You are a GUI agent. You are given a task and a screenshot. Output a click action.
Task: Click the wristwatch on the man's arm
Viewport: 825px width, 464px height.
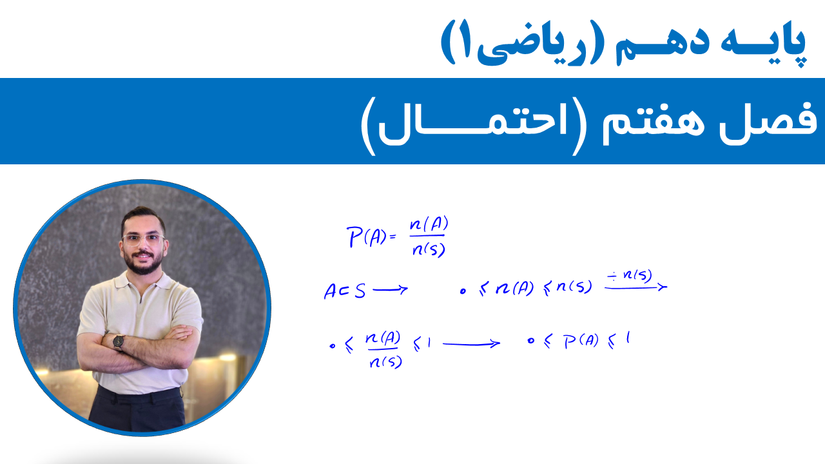tap(119, 342)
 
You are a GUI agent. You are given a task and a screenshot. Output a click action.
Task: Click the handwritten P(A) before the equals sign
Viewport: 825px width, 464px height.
tap(366, 237)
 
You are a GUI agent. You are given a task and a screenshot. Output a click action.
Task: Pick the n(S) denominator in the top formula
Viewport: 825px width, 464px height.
tap(429, 249)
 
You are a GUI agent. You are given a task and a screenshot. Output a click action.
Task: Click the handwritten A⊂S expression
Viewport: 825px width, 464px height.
tap(345, 291)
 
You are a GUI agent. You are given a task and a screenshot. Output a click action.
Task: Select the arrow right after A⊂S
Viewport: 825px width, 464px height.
tap(391, 290)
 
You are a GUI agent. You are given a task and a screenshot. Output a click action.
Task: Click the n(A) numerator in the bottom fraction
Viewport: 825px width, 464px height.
tap(383, 339)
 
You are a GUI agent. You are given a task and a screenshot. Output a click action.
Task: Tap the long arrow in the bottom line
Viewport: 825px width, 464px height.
tap(471, 344)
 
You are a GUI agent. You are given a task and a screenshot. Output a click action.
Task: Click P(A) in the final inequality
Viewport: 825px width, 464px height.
tap(581, 341)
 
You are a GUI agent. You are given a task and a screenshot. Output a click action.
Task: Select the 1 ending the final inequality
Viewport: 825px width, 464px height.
tap(628, 338)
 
